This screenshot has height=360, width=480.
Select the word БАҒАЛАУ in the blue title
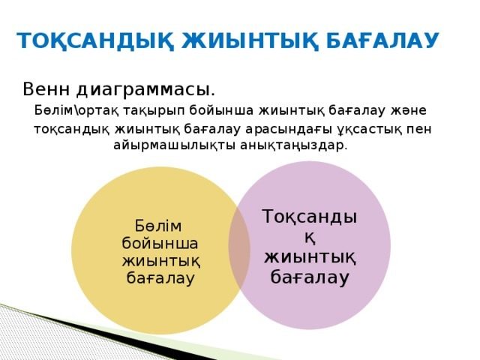(382, 40)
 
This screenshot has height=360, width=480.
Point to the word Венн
(46, 89)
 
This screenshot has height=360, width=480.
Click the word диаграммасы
(145, 90)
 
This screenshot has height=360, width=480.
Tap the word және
(408, 110)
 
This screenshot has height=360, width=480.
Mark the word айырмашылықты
(174, 145)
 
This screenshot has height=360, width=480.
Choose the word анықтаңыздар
(294, 145)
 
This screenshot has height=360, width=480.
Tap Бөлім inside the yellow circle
(158, 226)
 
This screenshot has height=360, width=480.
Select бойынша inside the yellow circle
(160, 244)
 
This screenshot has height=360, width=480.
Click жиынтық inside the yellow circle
(161, 262)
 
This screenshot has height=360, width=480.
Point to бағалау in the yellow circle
(160, 278)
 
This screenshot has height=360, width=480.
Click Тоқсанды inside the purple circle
(310, 217)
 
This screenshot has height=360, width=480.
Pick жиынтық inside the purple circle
(310, 258)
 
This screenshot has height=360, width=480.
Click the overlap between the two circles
(239, 247)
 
